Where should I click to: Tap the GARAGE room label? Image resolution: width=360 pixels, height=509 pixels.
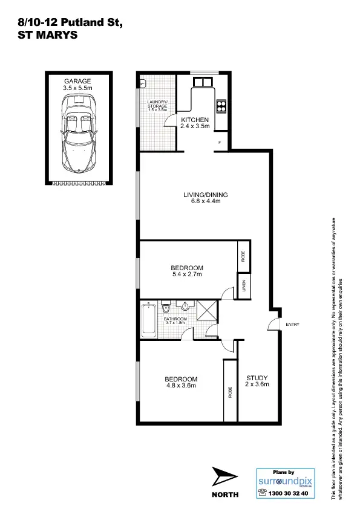(77, 80)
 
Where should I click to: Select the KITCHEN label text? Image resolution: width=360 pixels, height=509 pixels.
(195, 120)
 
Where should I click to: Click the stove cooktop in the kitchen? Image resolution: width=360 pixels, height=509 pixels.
(221, 106)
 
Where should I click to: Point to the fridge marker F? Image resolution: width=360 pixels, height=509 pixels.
(219, 143)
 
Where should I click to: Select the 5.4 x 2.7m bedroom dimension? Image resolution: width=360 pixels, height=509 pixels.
(186, 274)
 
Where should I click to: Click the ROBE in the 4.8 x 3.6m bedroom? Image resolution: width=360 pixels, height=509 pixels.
(230, 391)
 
